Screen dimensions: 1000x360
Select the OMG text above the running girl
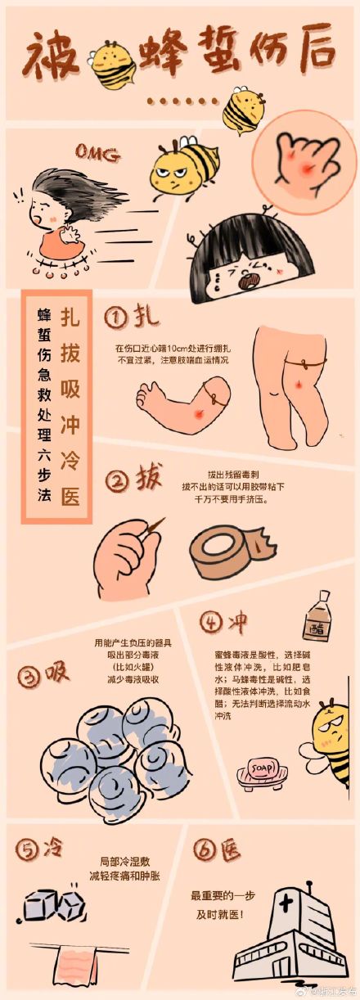coord(97,151)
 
